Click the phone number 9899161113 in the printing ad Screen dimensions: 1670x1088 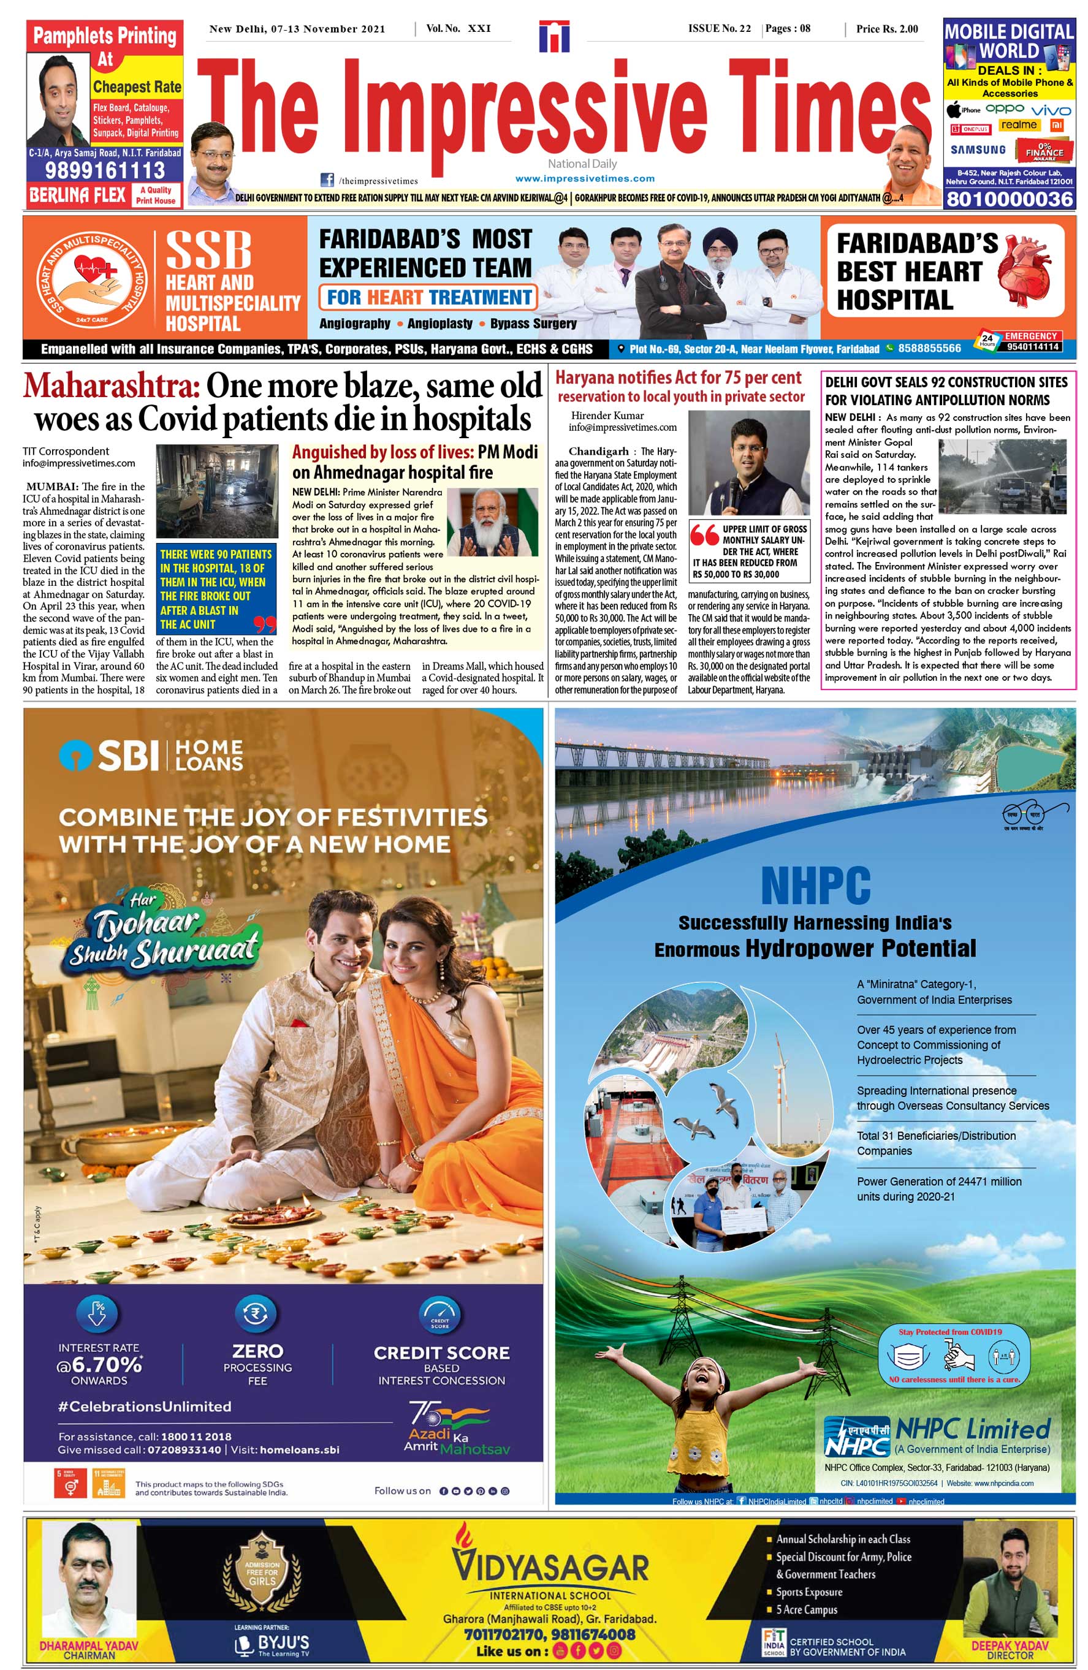click(105, 170)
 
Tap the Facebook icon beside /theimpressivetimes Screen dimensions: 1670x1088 click(326, 180)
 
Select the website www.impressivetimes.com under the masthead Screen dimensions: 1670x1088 click(584, 178)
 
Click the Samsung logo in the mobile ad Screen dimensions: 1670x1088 click(977, 150)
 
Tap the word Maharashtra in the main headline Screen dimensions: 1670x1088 click(112, 386)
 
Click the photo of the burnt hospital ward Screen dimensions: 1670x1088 click(217, 490)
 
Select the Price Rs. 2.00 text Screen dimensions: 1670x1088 click(886, 29)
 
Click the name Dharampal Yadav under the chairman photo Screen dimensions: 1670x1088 click(88, 1645)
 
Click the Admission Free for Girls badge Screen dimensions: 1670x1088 click(262, 1574)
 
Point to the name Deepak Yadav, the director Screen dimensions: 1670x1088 click(1010, 1645)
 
